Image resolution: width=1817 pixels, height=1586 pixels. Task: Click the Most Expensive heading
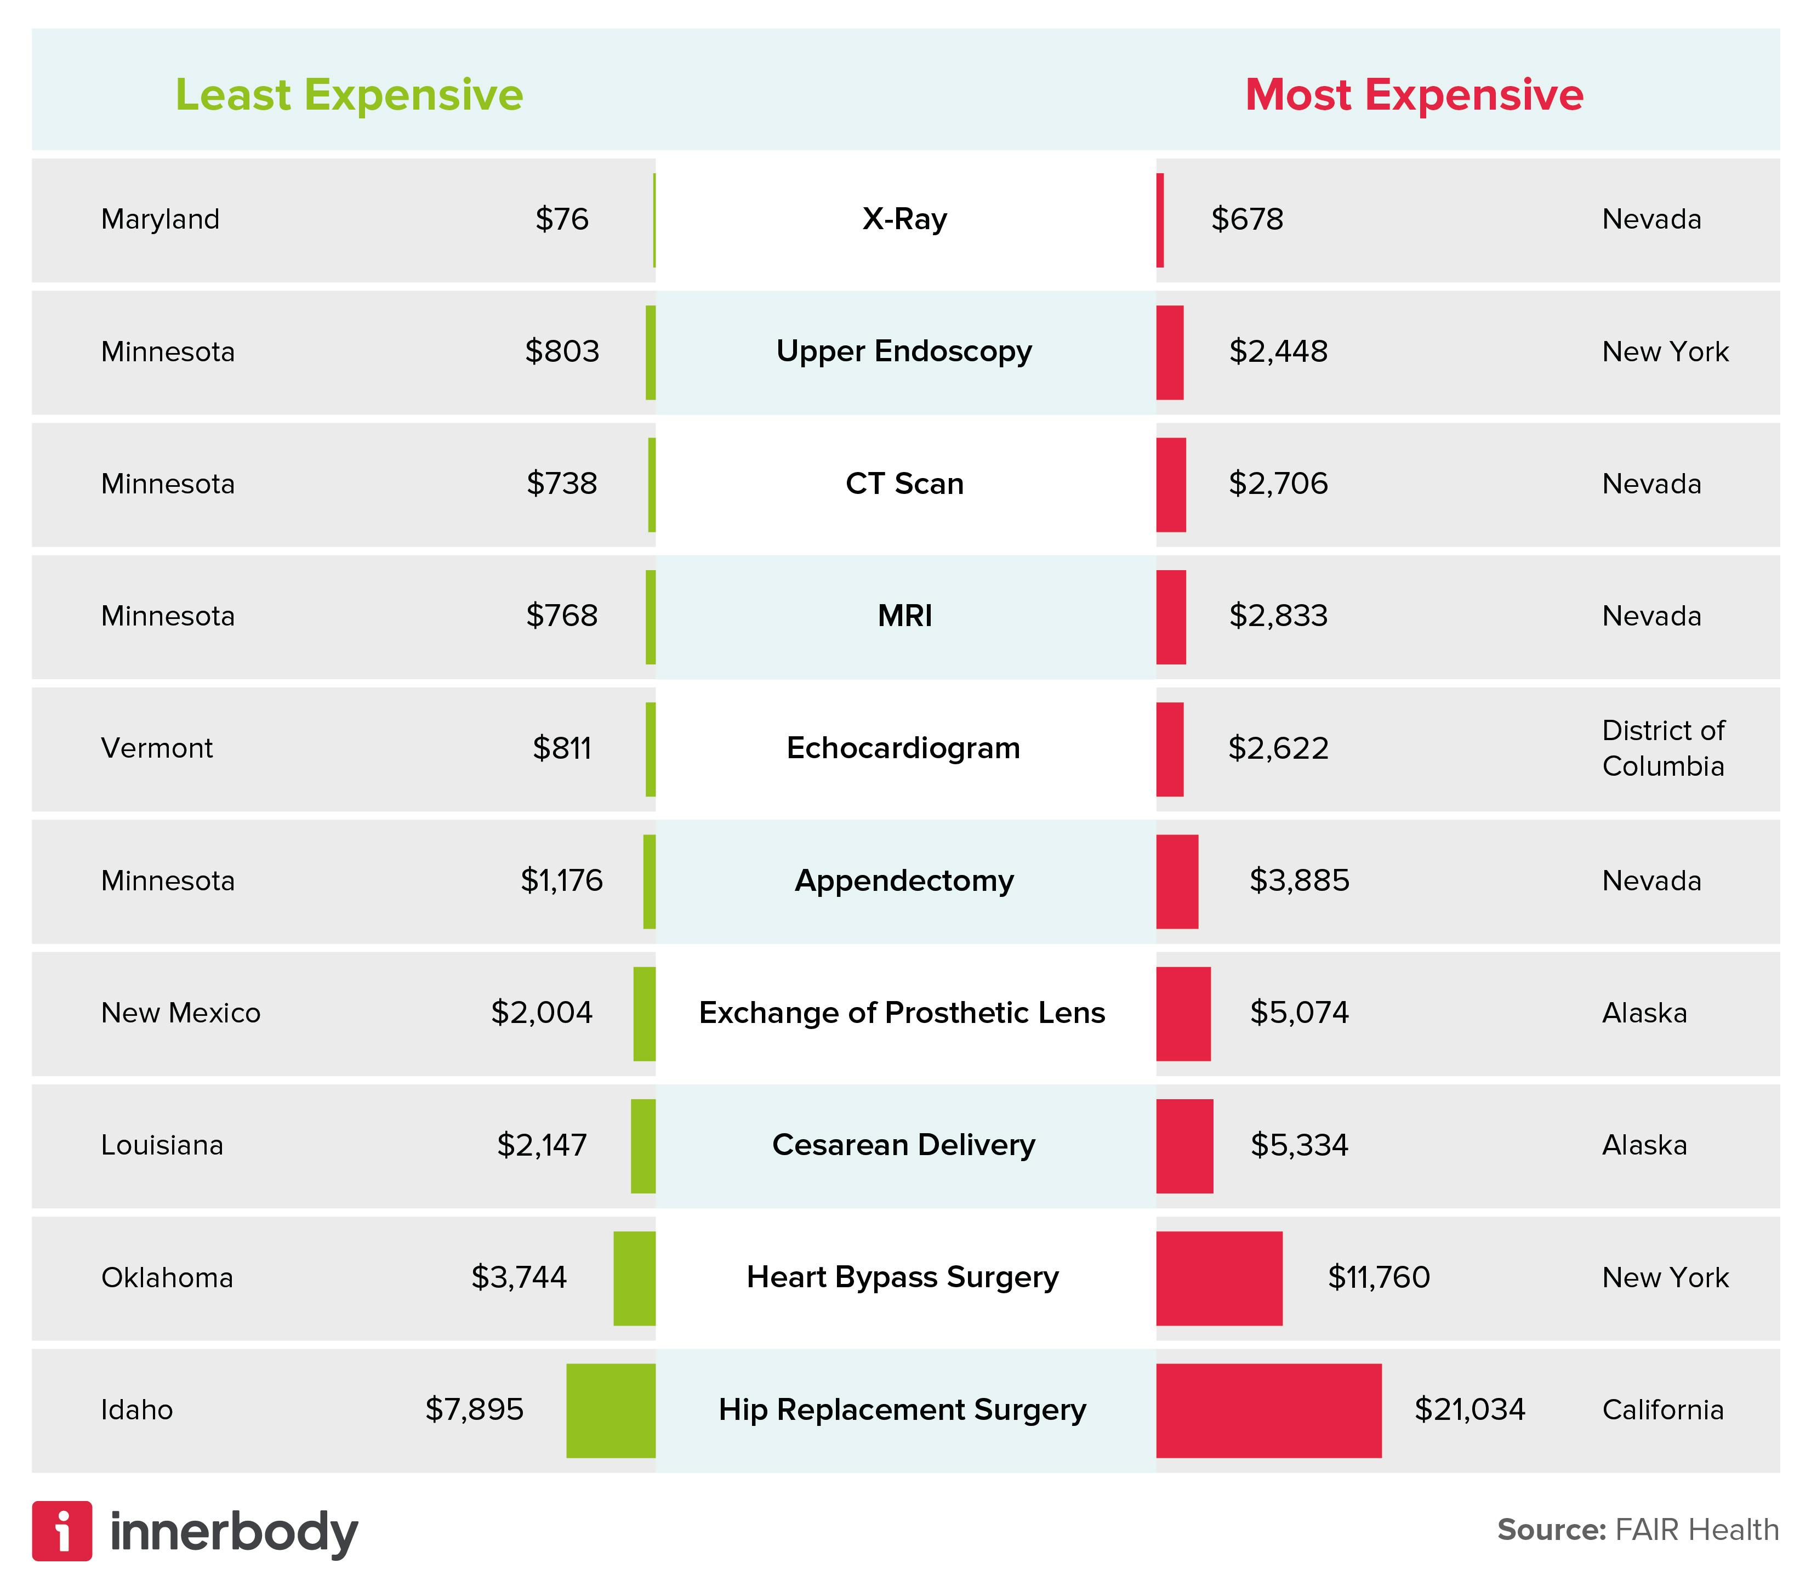pyautogui.click(x=1414, y=95)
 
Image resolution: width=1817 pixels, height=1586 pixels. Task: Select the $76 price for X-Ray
pyautogui.click(x=561, y=219)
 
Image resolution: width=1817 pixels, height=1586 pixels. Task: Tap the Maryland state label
pyautogui.click(x=160, y=219)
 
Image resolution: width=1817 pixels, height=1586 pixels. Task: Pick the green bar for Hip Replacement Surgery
pyautogui.click(x=611, y=1410)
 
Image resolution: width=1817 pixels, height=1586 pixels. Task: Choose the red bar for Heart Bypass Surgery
pyautogui.click(x=1218, y=1278)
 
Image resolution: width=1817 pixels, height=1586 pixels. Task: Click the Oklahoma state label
pyautogui.click(x=167, y=1277)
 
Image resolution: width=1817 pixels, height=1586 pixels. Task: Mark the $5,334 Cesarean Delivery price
pyautogui.click(x=1298, y=1145)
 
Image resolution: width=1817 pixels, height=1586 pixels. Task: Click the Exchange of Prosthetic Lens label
pyautogui.click(x=902, y=1013)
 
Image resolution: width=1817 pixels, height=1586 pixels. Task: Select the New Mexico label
pyautogui.click(x=180, y=1013)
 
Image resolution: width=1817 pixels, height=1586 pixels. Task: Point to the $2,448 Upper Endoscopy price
pyautogui.click(x=1278, y=351)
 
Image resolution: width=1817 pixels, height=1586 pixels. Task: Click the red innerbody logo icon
pyautogui.click(x=62, y=1531)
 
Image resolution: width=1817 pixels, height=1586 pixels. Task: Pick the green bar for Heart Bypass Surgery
pyautogui.click(x=634, y=1278)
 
